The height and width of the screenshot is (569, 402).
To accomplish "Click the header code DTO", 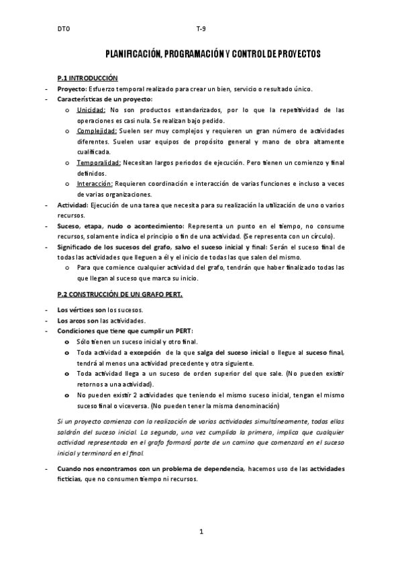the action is coord(63,30).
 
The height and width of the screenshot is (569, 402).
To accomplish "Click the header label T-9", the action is coord(201,30).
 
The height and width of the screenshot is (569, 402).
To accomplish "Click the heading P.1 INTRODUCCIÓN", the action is coord(87,79).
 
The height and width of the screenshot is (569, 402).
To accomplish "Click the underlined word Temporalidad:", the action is coord(99,162).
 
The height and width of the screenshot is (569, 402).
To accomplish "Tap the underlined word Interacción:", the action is coord(95,183).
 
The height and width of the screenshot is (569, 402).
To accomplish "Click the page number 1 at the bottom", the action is coord(201,532).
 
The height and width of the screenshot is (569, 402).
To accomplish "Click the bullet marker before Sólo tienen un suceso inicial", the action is coord(66,342).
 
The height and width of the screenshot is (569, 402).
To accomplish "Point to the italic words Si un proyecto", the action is coord(80,421).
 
